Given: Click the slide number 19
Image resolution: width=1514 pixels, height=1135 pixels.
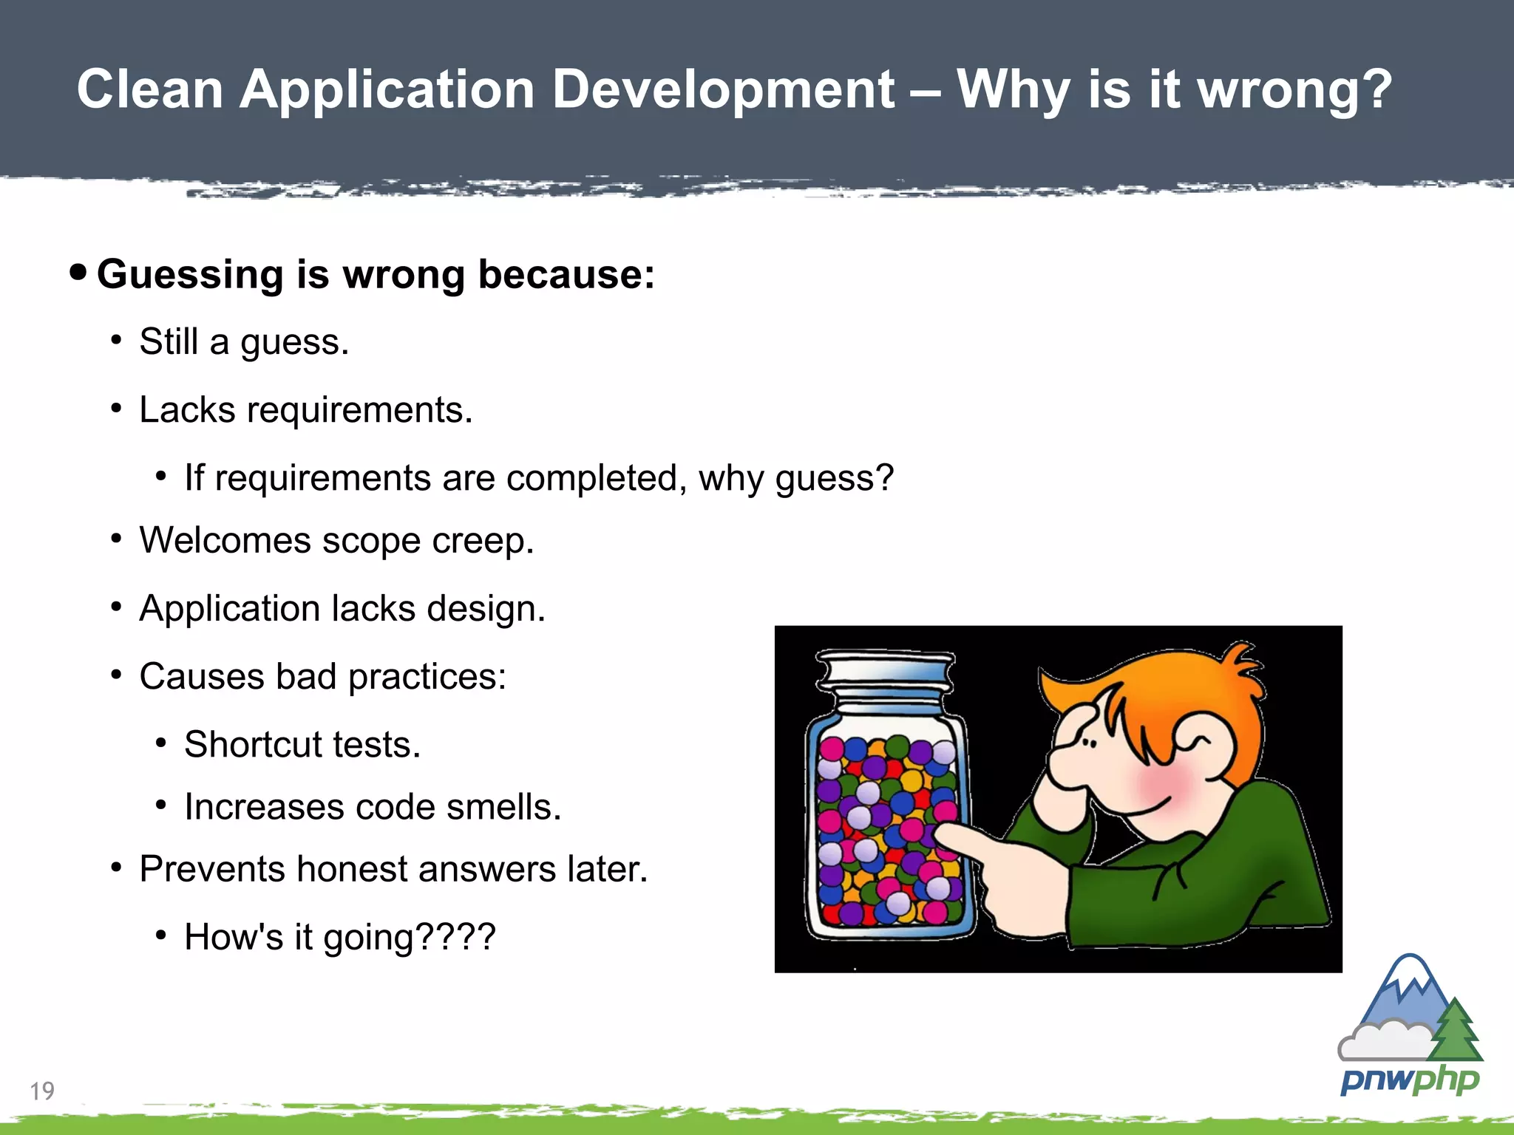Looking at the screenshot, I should (x=42, y=1091).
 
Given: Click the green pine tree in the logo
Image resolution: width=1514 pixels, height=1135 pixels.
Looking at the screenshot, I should (x=1456, y=1031).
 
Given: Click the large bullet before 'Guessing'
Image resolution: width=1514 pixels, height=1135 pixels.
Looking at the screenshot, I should (x=78, y=272).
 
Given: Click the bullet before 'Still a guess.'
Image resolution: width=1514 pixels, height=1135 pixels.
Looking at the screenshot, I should (x=116, y=341).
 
